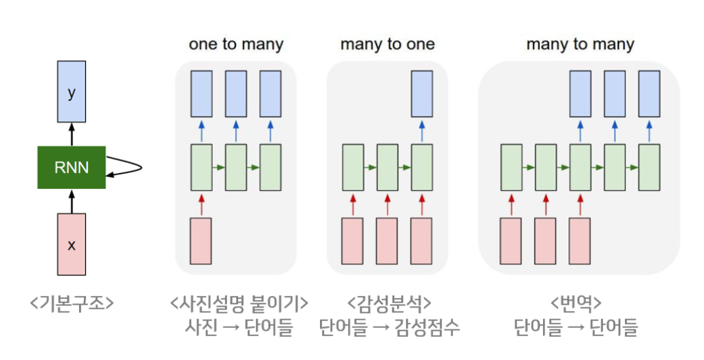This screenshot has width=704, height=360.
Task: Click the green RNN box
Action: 72,167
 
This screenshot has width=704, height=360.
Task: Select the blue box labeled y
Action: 72,94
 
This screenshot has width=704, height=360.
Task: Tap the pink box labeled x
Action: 72,243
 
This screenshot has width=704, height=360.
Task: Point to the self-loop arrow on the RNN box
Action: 127,166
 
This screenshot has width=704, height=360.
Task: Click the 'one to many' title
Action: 236,45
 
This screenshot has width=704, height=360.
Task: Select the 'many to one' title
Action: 387,45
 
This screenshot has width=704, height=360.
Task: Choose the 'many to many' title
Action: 580,45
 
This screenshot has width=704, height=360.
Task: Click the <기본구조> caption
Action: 72,302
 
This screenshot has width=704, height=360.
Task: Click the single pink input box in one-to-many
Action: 201,241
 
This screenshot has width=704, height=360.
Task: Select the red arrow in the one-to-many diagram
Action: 201,203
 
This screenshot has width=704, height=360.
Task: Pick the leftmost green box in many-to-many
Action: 512,167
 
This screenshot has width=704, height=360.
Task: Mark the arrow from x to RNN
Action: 72,200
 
